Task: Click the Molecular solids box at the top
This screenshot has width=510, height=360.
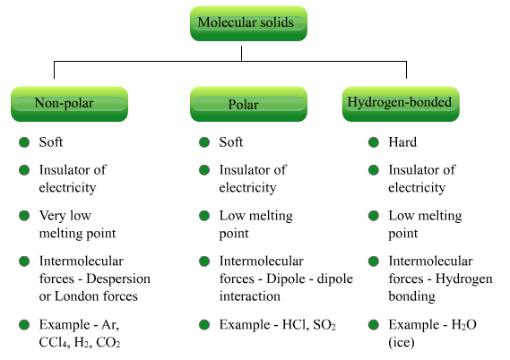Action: (x=248, y=23)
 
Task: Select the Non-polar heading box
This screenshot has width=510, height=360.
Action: (x=69, y=104)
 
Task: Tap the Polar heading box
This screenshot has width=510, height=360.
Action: (x=248, y=104)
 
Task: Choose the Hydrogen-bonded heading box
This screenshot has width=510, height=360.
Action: (x=401, y=104)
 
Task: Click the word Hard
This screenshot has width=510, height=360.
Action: (x=402, y=142)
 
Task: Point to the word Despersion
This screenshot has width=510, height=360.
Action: (x=118, y=279)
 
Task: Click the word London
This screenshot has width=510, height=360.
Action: (x=77, y=296)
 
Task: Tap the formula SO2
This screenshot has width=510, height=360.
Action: (x=324, y=325)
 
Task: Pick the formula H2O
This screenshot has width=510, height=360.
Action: (x=464, y=325)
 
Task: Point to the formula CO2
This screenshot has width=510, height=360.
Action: (x=108, y=342)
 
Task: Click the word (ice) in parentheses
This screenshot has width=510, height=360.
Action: (x=402, y=342)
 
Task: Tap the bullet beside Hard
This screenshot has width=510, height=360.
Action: (x=374, y=142)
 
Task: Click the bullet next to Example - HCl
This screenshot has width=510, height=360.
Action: (x=204, y=324)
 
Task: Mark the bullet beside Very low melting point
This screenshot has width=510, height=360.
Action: (x=24, y=216)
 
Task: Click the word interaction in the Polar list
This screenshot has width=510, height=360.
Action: (x=250, y=296)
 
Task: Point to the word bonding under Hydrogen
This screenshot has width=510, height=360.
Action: (x=411, y=296)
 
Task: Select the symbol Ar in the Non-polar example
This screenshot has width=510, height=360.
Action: (x=110, y=325)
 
